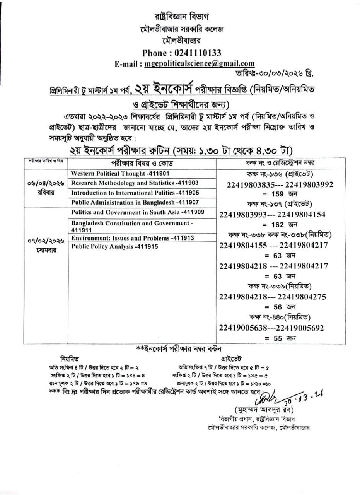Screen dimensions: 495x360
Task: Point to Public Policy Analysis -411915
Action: coord(114,246)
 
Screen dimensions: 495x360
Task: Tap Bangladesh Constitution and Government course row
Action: coord(131,226)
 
